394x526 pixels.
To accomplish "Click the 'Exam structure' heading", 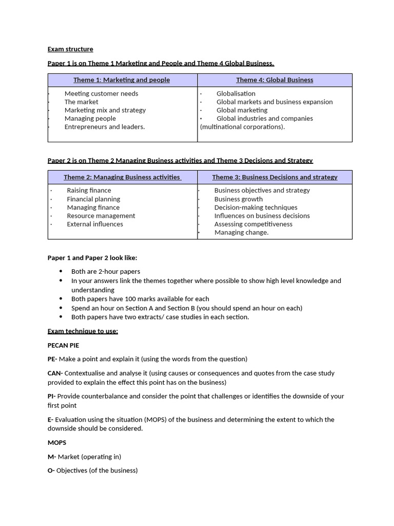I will click(x=70, y=49).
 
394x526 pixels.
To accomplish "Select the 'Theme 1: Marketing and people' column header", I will click(x=122, y=80).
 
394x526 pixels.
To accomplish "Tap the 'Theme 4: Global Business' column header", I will click(x=274, y=80).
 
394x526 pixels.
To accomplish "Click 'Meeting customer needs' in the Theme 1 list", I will click(x=101, y=93).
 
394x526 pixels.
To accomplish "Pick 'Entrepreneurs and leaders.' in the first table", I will click(x=105, y=127).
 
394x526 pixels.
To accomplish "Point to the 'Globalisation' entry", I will click(x=235, y=93).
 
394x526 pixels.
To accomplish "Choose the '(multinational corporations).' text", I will click(x=242, y=127).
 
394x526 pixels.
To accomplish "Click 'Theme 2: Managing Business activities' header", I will click(x=122, y=177).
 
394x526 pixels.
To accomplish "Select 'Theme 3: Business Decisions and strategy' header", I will click(x=274, y=177).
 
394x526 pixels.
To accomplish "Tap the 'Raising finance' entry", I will click(x=89, y=191).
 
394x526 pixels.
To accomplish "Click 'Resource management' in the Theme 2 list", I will click(x=101, y=216).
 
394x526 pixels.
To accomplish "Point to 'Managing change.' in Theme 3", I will click(x=241, y=233).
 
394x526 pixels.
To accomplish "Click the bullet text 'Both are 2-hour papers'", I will click(x=106, y=272).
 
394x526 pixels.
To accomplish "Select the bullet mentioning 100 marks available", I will click(x=140, y=299).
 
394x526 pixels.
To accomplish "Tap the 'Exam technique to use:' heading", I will click(x=83, y=331).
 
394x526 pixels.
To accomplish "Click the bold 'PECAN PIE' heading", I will click(x=63, y=345).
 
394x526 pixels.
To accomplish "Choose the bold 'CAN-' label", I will click(x=55, y=373).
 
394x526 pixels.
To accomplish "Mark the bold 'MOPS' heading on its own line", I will click(x=57, y=443).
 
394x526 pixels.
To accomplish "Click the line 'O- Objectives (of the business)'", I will click(x=92, y=471).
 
